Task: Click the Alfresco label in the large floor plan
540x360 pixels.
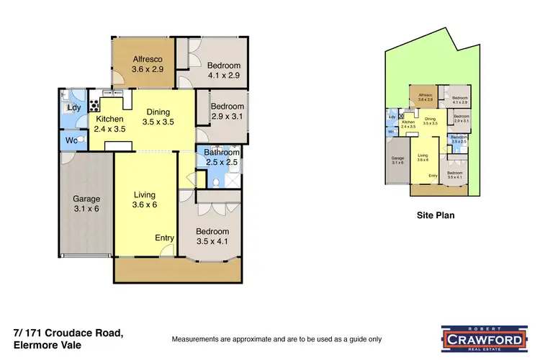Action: pos(148,59)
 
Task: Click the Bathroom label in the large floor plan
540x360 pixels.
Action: pos(220,152)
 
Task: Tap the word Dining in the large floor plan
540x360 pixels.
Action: pos(158,112)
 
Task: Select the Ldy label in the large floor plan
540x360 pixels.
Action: pos(73,108)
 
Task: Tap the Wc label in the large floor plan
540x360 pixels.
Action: pos(71,139)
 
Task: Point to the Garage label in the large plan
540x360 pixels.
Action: pos(86,199)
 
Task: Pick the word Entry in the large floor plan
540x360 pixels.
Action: pos(165,238)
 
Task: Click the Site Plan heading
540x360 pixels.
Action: pos(436,215)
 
